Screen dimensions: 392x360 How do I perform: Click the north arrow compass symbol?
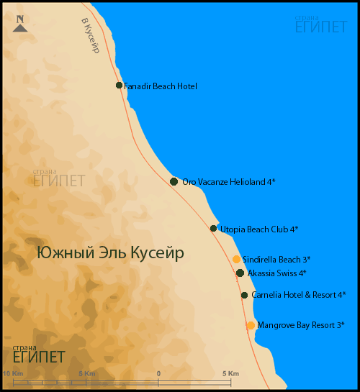tap(20, 24)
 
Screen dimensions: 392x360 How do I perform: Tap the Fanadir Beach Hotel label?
tap(161, 86)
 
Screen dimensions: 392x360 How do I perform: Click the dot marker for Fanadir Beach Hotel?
tap(120, 86)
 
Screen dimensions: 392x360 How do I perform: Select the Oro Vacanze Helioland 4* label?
tap(229, 182)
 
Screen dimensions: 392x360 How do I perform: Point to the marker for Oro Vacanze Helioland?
tap(174, 181)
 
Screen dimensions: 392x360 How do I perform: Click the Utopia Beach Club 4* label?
tap(258, 229)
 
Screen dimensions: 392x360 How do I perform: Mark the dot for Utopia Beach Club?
tap(213, 229)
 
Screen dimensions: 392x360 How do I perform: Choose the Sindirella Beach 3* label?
tap(276, 259)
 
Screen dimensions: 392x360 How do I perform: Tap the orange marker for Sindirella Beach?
tap(236, 259)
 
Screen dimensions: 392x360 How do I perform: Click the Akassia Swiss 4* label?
tap(277, 273)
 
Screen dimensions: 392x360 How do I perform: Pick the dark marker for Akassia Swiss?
tap(240, 273)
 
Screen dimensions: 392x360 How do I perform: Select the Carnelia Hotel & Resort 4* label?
tap(298, 295)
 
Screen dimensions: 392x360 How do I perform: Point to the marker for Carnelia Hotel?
tap(245, 296)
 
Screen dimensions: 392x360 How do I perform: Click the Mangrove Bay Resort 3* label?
tap(300, 325)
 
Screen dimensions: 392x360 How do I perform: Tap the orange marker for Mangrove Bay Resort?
tap(251, 325)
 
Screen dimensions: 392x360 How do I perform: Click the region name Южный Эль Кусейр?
tap(110, 253)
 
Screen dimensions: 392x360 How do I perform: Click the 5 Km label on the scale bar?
tap(230, 373)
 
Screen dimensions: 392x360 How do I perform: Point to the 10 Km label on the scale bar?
tap(14, 373)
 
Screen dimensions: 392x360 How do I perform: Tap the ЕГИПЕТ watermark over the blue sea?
tap(320, 27)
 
